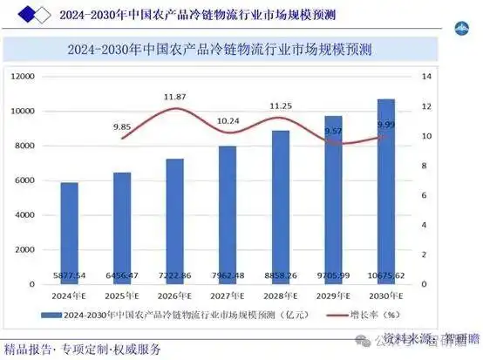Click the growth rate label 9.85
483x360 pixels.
pos(122,126)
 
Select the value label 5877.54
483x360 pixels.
pos(69,275)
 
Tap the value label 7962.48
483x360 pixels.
pos(228,275)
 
